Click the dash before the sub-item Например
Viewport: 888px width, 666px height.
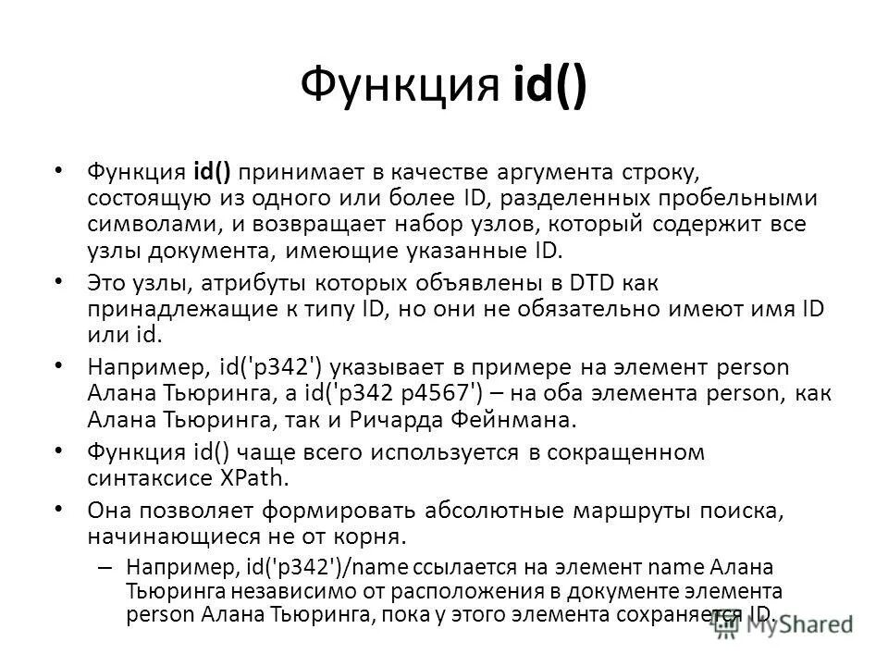(x=102, y=566)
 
